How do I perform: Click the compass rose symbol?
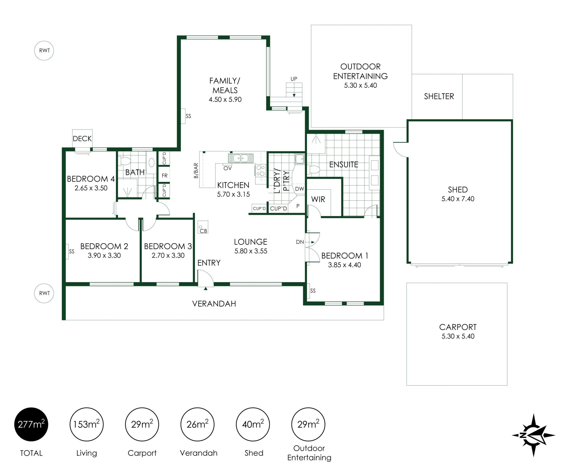tap(533, 435)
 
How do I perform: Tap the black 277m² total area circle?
tap(31, 424)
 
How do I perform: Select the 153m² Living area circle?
tap(87, 424)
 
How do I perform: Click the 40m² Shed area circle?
tap(253, 424)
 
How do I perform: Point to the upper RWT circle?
tap(44, 51)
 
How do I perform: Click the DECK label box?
tap(82, 139)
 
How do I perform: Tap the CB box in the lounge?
tap(203, 227)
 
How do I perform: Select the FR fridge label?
tap(164, 176)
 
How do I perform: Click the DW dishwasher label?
tap(299, 189)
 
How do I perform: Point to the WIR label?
tap(318, 199)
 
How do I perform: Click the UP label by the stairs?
tap(294, 79)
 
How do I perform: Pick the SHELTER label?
tap(439, 96)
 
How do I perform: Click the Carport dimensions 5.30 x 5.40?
tap(458, 336)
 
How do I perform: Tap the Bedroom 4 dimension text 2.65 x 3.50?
tap(91, 188)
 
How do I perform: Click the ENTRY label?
tap(209, 263)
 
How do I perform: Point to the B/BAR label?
tap(196, 170)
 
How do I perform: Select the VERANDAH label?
tap(214, 304)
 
